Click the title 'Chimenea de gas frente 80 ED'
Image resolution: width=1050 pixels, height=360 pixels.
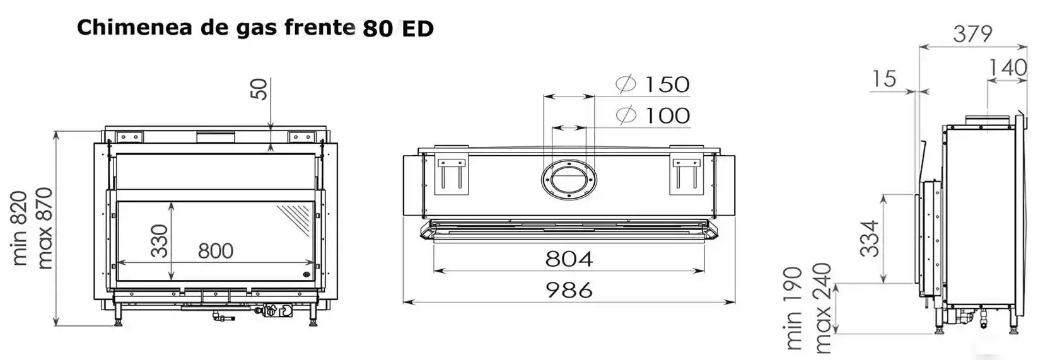tap(255, 28)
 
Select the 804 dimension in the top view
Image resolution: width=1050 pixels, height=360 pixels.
tap(569, 258)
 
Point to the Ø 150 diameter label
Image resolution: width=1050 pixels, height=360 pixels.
tap(653, 84)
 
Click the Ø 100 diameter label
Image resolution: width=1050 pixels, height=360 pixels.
tap(653, 115)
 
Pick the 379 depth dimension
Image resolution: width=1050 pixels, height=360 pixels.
tap(972, 34)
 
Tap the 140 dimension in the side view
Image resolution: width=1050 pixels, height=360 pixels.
tap(1008, 67)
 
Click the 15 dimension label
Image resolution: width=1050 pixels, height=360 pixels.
tap(885, 79)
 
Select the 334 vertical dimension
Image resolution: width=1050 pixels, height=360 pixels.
tap(870, 238)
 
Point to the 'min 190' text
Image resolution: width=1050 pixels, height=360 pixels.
tap(793, 308)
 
